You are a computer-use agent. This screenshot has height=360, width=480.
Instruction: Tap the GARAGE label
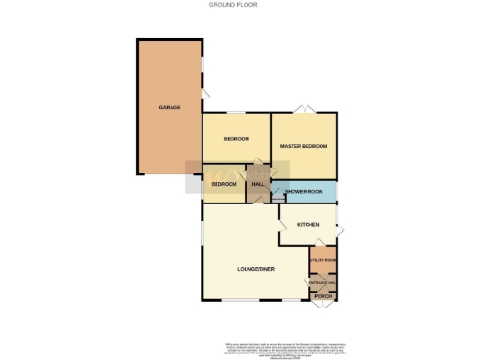(x=169, y=108)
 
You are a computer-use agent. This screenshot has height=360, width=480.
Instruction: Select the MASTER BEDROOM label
(x=304, y=147)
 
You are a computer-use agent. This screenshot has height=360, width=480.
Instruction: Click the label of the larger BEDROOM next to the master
(x=236, y=139)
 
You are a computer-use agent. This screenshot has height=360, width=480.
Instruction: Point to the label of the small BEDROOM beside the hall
(x=223, y=184)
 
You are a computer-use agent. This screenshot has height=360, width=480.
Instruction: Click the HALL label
(x=258, y=184)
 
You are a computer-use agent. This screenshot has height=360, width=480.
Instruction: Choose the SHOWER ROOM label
(x=304, y=192)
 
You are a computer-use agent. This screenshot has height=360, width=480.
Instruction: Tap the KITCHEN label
(x=308, y=225)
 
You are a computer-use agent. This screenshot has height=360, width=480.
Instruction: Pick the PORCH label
(x=323, y=296)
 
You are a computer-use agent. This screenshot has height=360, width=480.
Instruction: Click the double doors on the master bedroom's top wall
(x=303, y=112)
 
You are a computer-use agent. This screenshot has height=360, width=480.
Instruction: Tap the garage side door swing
(x=206, y=92)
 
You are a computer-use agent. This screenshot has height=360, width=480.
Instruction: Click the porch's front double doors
(x=323, y=306)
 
